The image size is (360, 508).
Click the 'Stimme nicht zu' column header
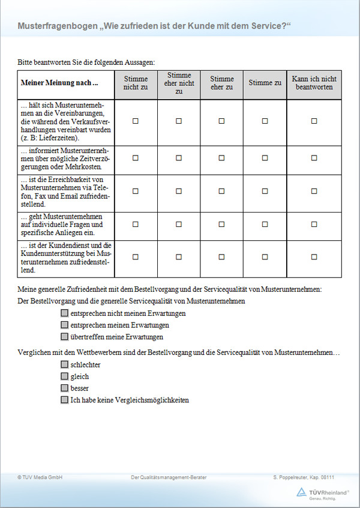pos(136,83)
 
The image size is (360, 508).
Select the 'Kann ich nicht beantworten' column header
pos(314,83)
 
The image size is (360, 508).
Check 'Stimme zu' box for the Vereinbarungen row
pos(265,121)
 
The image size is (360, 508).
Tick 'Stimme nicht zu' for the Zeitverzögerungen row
pos(136,158)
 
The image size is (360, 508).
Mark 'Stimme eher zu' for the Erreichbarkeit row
pos(222,191)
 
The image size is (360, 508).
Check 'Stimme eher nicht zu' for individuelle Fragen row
pos(179,224)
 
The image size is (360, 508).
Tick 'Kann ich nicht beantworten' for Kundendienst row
pos(314,256)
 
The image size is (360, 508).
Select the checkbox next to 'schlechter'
pos(64,364)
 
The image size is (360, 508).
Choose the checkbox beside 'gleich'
pos(64,376)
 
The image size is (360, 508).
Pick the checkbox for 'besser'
pos(64,388)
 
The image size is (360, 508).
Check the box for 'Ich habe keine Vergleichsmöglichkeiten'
pos(64,399)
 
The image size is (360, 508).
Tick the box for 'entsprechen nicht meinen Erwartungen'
pos(64,313)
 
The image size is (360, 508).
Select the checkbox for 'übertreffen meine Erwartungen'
pos(64,337)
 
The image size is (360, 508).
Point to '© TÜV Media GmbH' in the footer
pos(40,477)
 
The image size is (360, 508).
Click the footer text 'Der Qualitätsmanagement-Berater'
pos(169,477)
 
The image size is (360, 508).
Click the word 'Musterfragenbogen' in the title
pos(58,26)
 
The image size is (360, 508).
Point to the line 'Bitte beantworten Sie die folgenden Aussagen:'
pos(87,62)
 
